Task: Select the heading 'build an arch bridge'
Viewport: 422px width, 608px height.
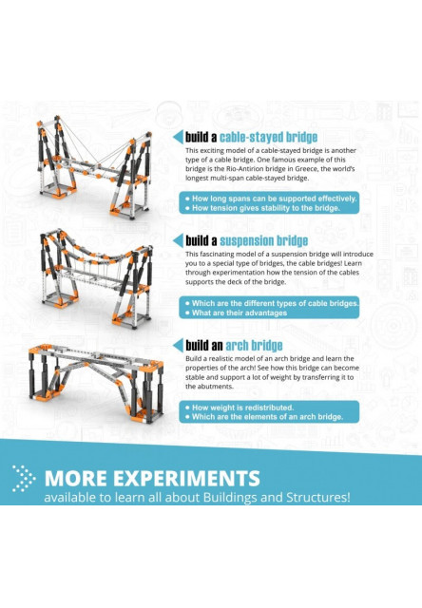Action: [x=234, y=344]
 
